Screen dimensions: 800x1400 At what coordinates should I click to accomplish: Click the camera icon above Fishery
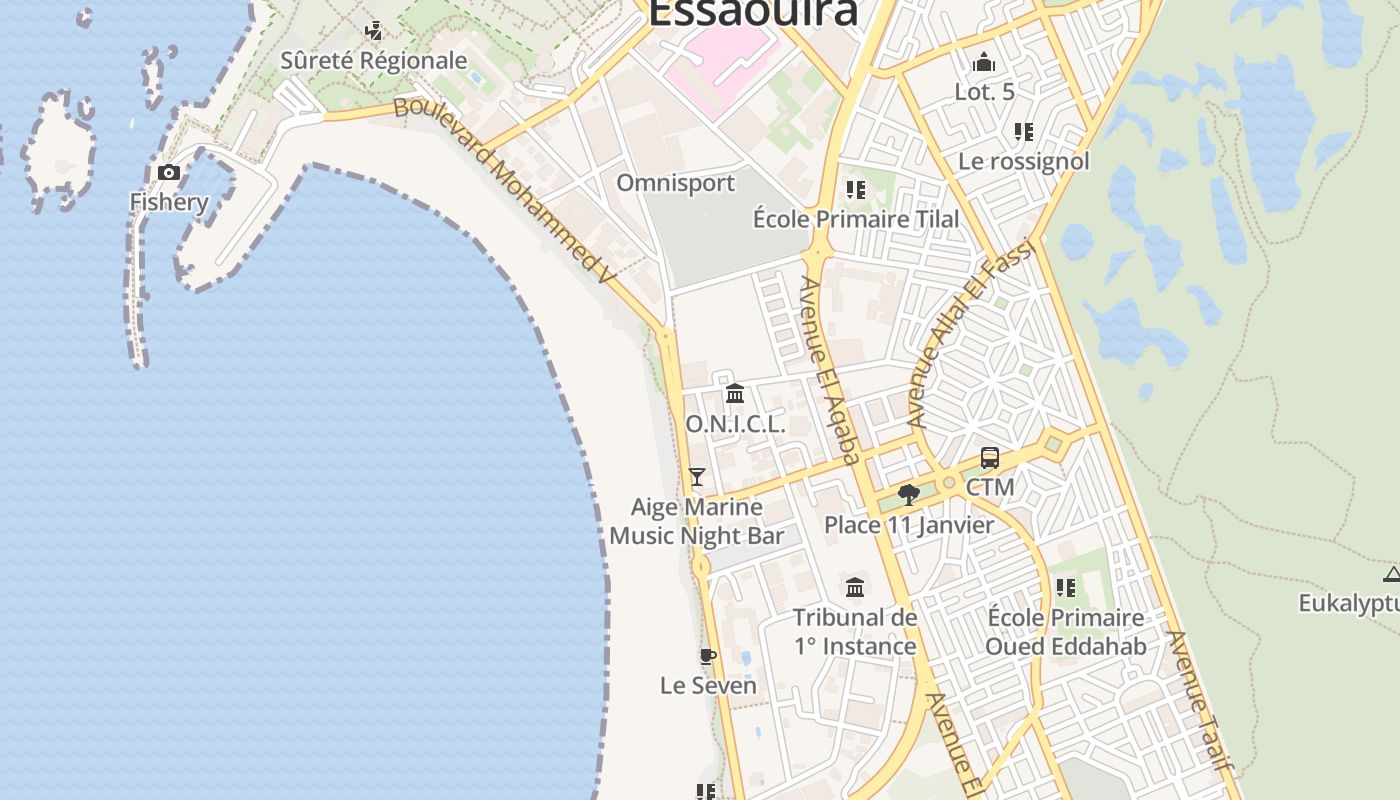(x=169, y=173)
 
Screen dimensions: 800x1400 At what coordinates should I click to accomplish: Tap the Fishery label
(x=169, y=202)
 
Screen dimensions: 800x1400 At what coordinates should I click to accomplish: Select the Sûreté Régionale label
(x=373, y=61)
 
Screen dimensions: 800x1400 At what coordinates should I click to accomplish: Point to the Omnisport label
(x=675, y=183)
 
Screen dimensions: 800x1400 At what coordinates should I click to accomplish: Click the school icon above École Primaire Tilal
(x=855, y=189)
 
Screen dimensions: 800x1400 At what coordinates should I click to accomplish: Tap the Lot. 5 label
(x=984, y=92)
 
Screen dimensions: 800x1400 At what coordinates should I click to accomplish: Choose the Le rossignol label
(x=1023, y=161)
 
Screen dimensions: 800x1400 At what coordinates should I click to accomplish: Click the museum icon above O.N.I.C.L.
(x=735, y=393)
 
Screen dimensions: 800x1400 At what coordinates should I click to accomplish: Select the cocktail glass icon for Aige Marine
(x=697, y=477)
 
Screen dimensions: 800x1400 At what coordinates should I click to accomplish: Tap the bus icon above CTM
(x=990, y=458)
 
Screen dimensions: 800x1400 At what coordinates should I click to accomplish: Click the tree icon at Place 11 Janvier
(x=909, y=494)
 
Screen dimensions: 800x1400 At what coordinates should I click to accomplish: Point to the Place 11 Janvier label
(x=909, y=525)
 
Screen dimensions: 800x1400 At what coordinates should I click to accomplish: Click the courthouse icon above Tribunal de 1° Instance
(x=855, y=587)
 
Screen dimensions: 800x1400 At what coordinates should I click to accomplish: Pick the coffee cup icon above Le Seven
(x=708, y=656)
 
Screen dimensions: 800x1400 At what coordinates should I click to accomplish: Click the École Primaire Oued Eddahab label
(x=1065, y=632)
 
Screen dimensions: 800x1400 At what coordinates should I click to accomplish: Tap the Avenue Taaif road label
(x=1197, y=699)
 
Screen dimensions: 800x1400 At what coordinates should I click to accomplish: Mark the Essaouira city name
(x=753, y=12)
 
